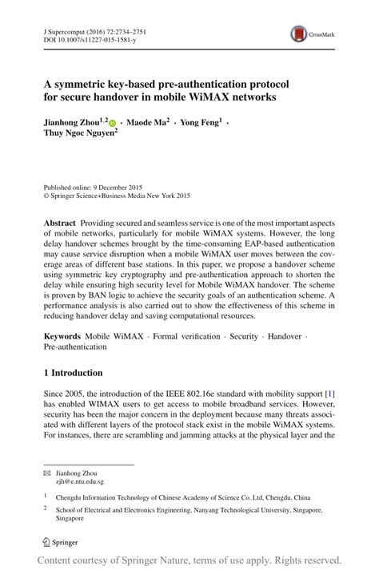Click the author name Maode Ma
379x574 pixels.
(146, 123)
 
